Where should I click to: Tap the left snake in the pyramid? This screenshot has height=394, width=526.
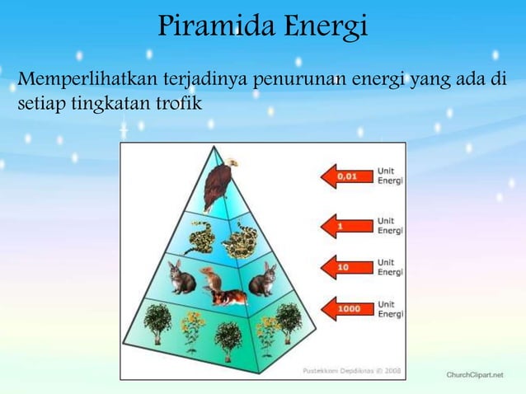[x=200, y=239]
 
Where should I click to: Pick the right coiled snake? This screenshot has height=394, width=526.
[x=240, y=239]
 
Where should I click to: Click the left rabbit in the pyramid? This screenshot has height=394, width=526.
[x=182, y=279]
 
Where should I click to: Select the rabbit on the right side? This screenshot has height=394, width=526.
[x=263, y=279]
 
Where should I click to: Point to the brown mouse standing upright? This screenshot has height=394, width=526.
[x=214, y=280]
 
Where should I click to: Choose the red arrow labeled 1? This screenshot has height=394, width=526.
[x=343, y=223]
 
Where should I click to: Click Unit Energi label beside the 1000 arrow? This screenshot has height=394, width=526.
[x=390, y=309]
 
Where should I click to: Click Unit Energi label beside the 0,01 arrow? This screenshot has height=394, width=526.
[x=390, y=176]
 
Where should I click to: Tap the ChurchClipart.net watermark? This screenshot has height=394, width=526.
[x=474, y=374]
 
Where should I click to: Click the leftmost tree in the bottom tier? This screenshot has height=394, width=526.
[x=157, y=321]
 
